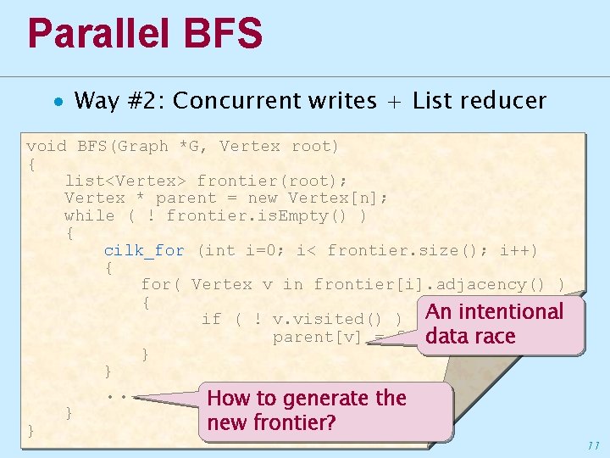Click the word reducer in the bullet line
(506, 101)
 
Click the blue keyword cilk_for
(144, 250)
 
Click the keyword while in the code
(89, 215)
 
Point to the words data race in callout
(470, 336)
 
